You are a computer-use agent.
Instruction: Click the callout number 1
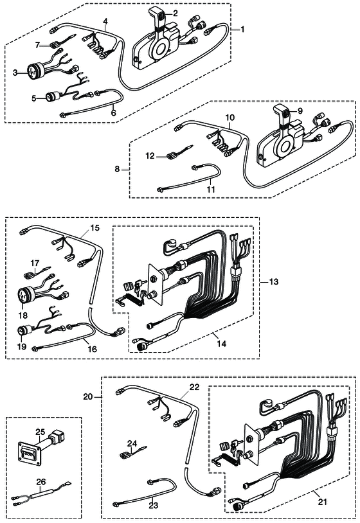point(242,30)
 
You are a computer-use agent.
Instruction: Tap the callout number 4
point(105,22)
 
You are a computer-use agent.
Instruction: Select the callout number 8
point(117,169)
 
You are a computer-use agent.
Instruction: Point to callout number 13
point(274,282)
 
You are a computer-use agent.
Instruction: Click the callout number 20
point(88,397)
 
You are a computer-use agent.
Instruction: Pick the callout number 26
point(40,482)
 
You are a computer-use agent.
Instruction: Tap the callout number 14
point(222,344)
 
